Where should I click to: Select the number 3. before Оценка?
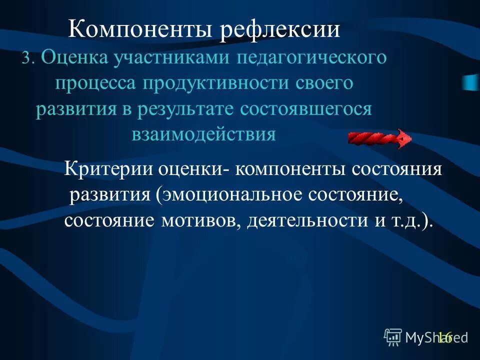27,59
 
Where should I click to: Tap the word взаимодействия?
203,134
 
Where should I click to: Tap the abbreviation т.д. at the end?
403,220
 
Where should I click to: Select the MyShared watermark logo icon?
393,337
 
